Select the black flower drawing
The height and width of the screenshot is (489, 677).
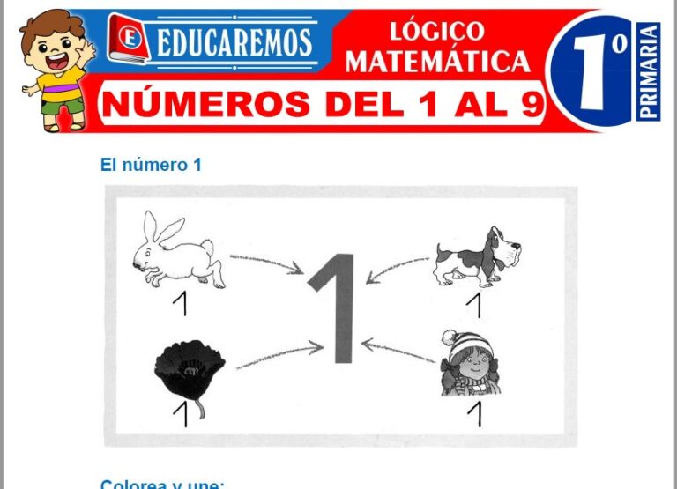pos(189,371)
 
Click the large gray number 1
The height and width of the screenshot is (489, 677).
pos(336,307)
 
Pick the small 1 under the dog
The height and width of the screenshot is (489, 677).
pos(474,305)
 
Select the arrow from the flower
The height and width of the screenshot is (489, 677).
pos(278,357)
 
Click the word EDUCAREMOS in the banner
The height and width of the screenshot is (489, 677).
pos(234,41)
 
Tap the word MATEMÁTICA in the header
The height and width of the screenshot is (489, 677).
pos(437,61)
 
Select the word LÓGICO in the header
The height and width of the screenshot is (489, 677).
pos(437,31)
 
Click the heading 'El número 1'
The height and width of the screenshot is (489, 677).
pos(151,165)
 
